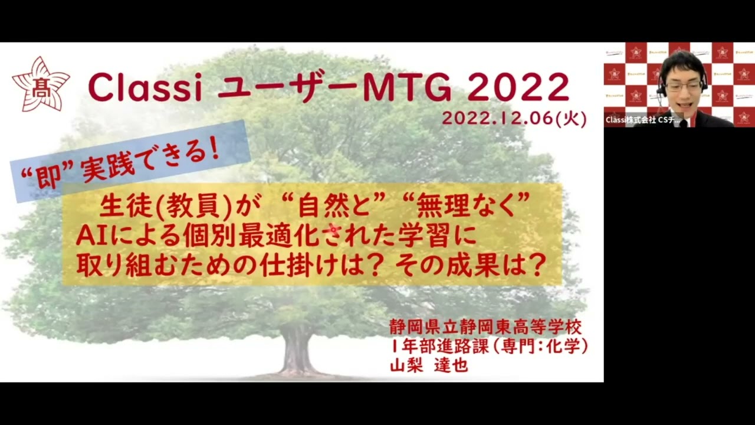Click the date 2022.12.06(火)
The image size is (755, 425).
(514, 119)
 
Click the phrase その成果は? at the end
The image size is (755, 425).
(470, 267)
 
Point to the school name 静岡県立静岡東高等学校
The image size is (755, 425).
(485, 326)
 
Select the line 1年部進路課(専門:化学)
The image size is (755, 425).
(488, 346)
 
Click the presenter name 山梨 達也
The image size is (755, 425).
(429, 365)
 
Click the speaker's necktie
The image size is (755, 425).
(684, 122)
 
